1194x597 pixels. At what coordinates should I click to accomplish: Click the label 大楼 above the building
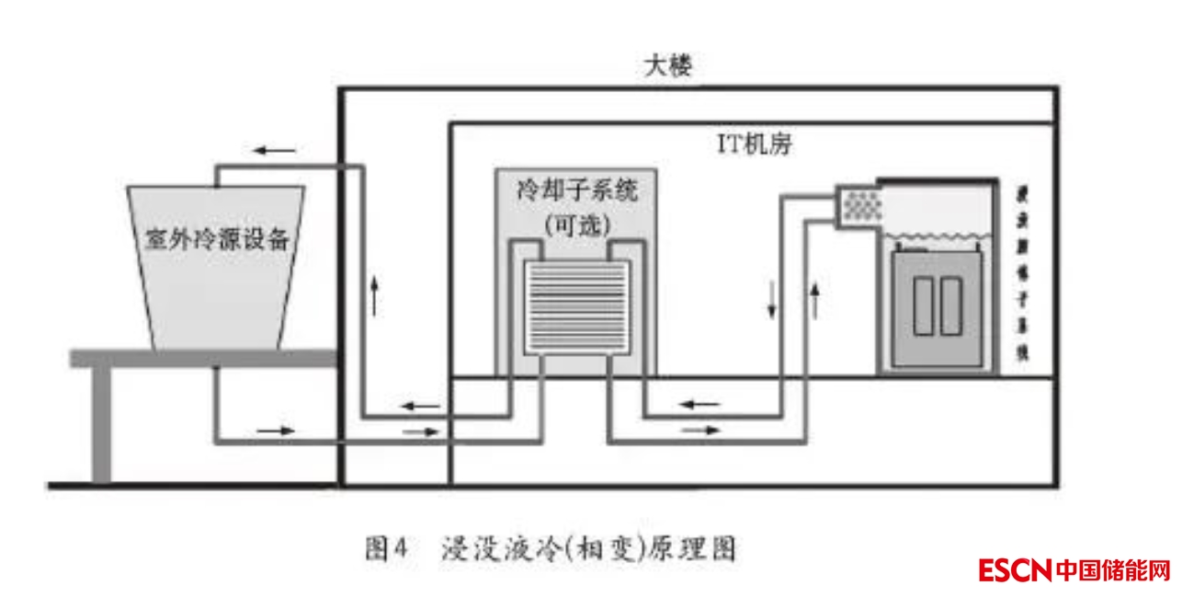[668, 67]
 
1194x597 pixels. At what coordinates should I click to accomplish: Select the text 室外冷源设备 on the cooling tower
[218, 239]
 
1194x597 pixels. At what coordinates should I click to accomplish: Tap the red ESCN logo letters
[1014, 571]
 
